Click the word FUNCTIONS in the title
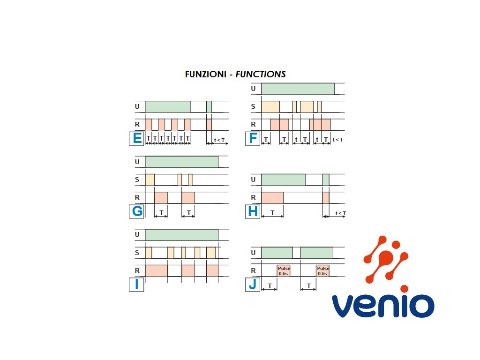tap(261, 74)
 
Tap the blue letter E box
tap(137, 139)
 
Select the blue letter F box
tap(253, 139)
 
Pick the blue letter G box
tap(137, 212)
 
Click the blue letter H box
tap(253, 212)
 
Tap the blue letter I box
tap(136, 285)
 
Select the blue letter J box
tap(253, 285)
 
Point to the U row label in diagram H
tap(253, 180)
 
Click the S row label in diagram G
tap(137, 180)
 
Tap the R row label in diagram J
tap(253, 270)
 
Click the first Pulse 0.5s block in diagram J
tap(284, 270)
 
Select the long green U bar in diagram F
tap(298, 89)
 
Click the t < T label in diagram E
tap(219, 140)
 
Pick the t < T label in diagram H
tap(340, 213)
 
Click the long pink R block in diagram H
tap(272, 197)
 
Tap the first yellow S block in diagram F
tap(270, 106)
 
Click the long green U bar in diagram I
tap(181, 234)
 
